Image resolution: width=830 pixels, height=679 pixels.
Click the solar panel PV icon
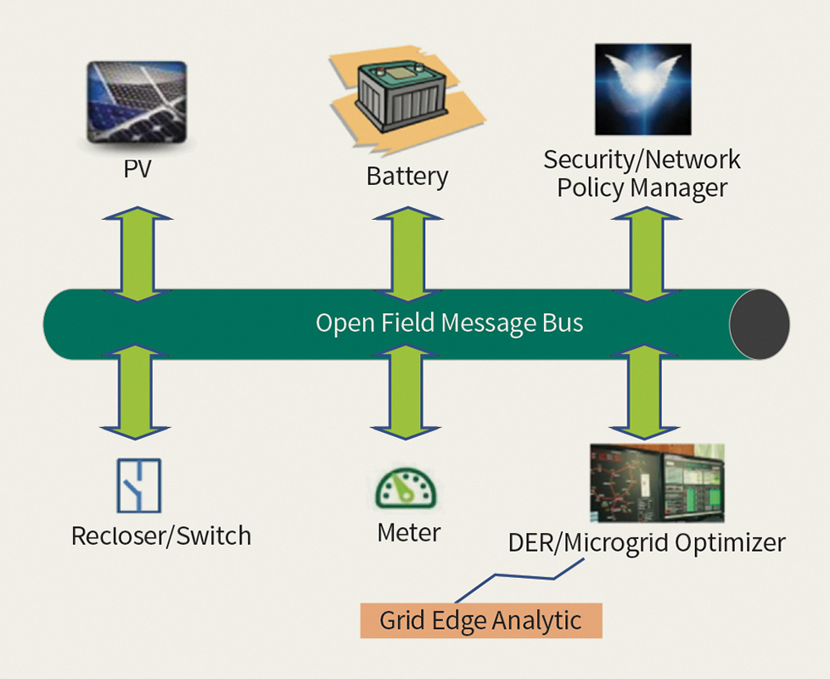pos(137,102)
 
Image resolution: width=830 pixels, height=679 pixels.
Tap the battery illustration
pos(407,99)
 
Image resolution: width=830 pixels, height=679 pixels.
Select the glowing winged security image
pos(643,89)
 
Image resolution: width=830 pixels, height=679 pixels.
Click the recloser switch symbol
pos(138,485)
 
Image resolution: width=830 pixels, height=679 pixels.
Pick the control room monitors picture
pos(657,483)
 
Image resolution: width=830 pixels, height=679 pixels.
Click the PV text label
pos(137,169)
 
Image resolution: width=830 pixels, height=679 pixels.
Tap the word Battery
pos(407,177)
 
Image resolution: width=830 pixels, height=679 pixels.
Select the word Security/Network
pos(642,160)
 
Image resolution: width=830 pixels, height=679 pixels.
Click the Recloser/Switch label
pos(161,536)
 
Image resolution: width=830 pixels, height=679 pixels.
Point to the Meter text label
pos(409,532)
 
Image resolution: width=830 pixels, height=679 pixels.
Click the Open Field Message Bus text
pos(450,323)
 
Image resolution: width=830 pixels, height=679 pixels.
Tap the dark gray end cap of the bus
pos(760,324)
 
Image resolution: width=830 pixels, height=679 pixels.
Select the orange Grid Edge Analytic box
pos(481,620)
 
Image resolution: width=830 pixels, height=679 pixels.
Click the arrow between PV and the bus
pos(137,254)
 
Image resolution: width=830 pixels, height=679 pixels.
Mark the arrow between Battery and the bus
pos(407,254)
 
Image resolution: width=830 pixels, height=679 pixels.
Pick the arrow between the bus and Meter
pos(406,392)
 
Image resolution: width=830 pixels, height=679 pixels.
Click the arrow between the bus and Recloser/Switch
pos(136,392)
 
